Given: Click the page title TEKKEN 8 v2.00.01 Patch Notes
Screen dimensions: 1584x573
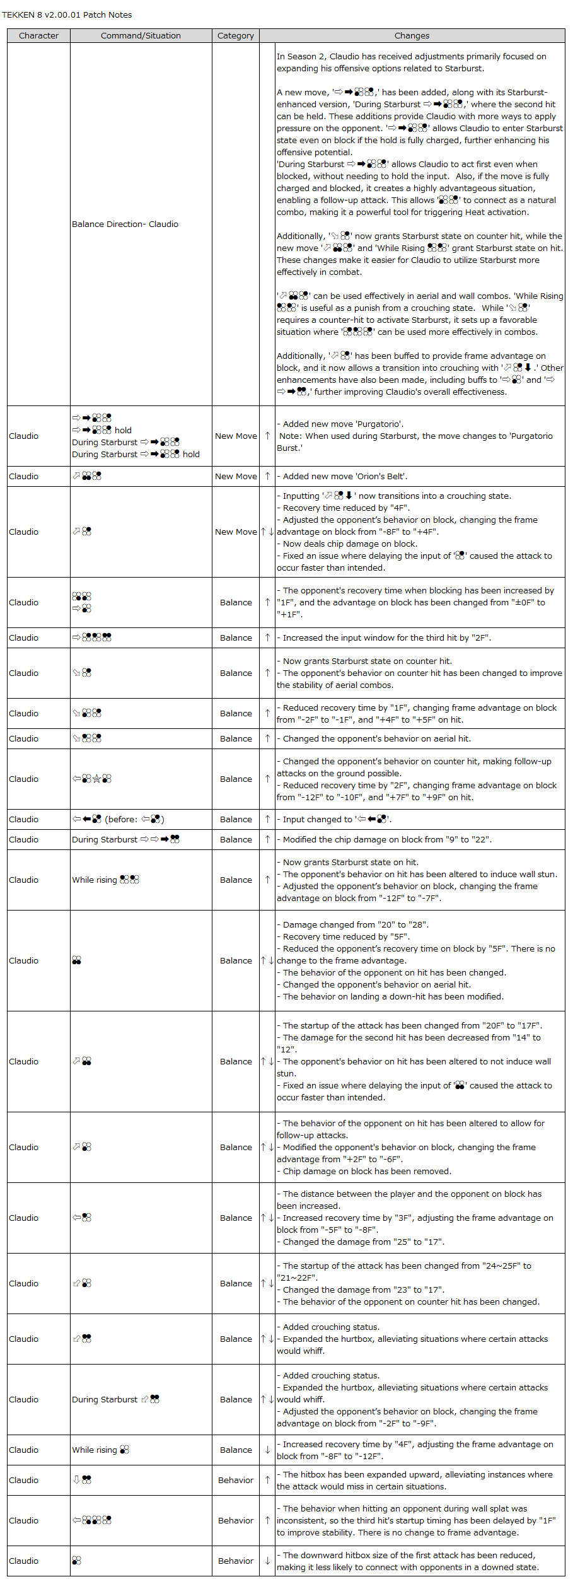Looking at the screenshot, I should (67, 15).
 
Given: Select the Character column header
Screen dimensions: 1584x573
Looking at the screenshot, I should (38, 35).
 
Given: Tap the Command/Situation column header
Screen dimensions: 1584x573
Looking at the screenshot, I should (141, 35).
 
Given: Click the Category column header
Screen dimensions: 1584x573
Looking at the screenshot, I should (236, 35).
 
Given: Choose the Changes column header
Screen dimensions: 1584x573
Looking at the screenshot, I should (412, 35).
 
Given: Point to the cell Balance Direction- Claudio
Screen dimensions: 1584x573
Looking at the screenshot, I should (125, 224).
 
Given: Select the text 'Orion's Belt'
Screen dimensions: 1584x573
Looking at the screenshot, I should (381, 476).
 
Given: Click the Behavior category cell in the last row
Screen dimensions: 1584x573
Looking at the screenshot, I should (236, 1561).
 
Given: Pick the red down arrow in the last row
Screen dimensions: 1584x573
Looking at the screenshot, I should (267, 1561).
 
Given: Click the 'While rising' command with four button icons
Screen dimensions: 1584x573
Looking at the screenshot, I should (105, 880).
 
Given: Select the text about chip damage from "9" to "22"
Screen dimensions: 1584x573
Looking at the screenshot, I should (387, 839).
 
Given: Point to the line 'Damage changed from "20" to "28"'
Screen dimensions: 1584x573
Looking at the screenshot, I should (356, 924).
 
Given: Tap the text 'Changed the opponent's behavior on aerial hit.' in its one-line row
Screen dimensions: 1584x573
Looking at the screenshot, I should (376, 738).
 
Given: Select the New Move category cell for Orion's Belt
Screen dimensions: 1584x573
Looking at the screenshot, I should (236, 476).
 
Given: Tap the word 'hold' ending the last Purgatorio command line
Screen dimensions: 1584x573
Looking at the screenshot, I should (191, 454).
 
